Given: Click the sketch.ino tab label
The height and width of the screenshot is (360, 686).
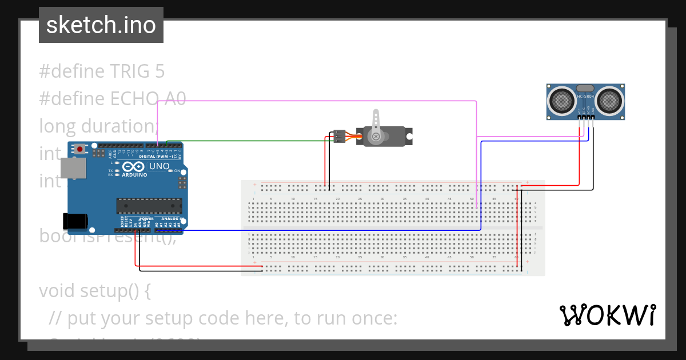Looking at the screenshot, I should tap(101, 25).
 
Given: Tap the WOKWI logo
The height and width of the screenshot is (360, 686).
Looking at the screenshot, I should tap(607, 315).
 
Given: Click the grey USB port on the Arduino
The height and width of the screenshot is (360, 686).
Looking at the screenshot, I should tap(73, 168).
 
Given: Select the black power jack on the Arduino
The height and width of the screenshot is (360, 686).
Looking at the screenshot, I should tap(74, 221).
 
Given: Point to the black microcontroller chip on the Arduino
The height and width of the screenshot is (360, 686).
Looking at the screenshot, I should tap(149, 206).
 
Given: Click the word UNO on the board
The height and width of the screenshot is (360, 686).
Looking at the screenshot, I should tap(159, 166).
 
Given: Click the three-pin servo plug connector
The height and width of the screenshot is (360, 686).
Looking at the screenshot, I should tap(339, 136).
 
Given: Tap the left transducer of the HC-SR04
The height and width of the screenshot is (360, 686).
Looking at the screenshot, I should tap(563, 101).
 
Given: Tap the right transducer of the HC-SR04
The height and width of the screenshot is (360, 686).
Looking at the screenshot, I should tap(610, 101).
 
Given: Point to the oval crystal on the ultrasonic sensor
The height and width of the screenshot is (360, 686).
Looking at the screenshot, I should tap(585, 88).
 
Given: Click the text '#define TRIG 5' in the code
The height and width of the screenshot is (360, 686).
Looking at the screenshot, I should tap(102, 71).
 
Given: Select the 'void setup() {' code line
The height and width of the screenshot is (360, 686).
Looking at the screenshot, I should tap(95, 291).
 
